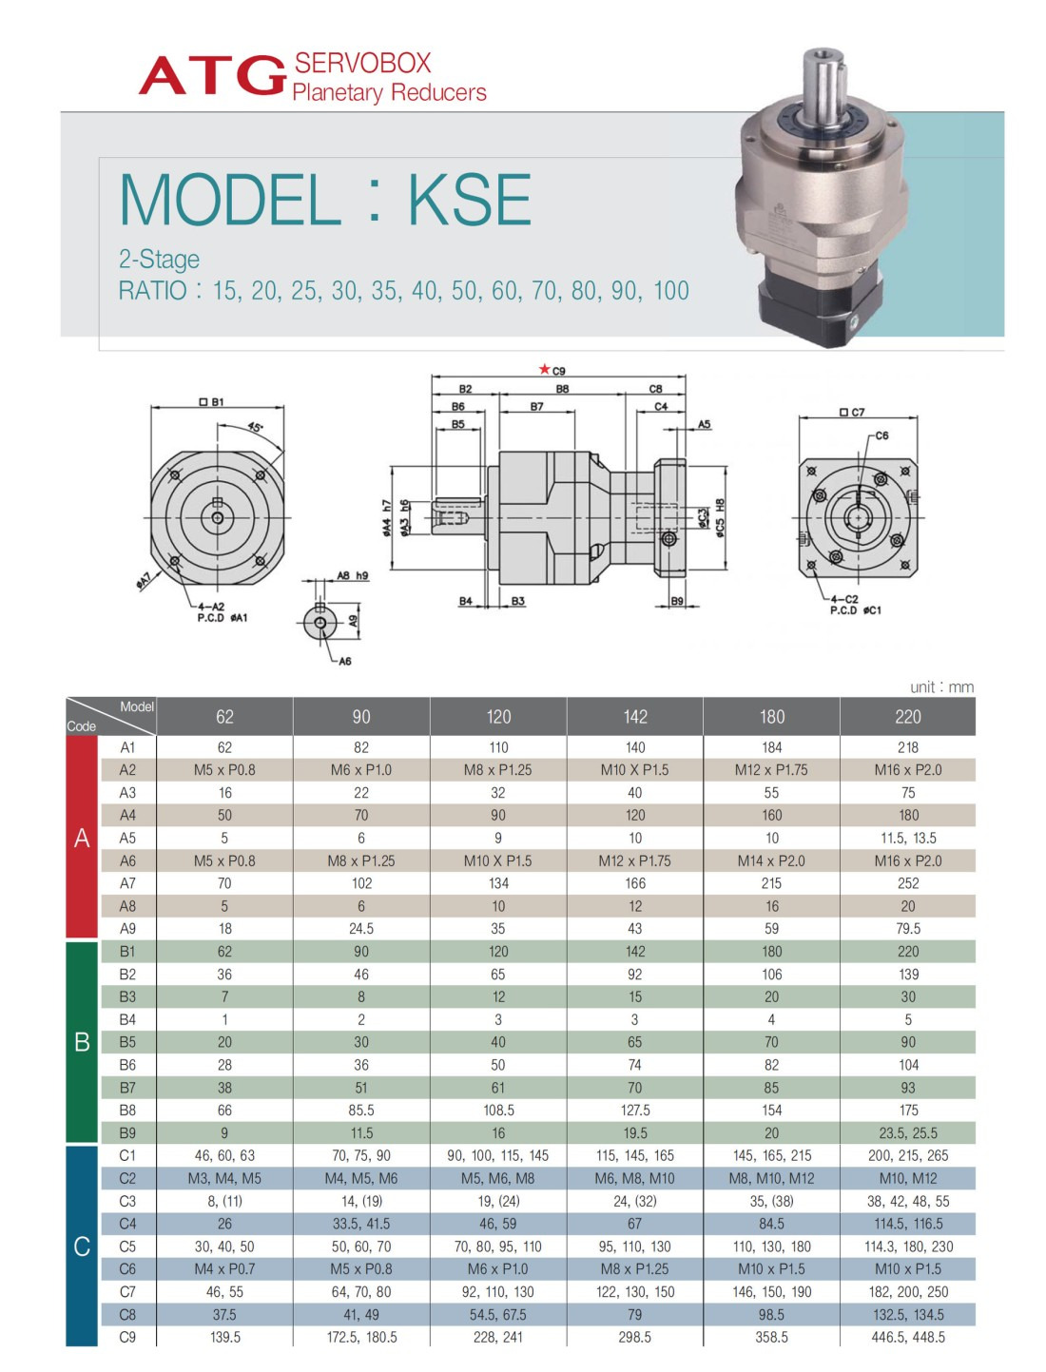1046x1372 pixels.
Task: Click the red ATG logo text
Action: (212, 76)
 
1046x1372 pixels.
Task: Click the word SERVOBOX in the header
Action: (362, 64)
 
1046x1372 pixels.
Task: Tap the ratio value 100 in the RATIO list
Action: (670, 291)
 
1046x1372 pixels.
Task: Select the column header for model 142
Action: (634, 717)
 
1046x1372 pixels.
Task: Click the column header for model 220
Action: (907, 717)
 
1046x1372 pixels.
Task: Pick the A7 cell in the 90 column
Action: (361, 883)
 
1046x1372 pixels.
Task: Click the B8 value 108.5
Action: (498, 1111)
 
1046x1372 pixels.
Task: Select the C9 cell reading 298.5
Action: (634, 1337)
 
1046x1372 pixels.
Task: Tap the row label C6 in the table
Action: (127, 1269)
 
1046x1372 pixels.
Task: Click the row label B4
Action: (127, 1019)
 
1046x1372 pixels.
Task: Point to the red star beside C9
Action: (544, 369)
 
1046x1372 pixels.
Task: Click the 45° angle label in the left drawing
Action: (256, 427)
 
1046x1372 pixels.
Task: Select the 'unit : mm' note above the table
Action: (941, 687)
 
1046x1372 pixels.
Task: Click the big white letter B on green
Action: (82, 1042)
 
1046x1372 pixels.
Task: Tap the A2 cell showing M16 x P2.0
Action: (907, 770)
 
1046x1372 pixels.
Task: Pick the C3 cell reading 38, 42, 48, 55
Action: (907, 1201)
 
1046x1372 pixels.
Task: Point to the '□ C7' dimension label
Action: (852, 413)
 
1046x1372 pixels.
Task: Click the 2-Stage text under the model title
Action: (159, 260)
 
